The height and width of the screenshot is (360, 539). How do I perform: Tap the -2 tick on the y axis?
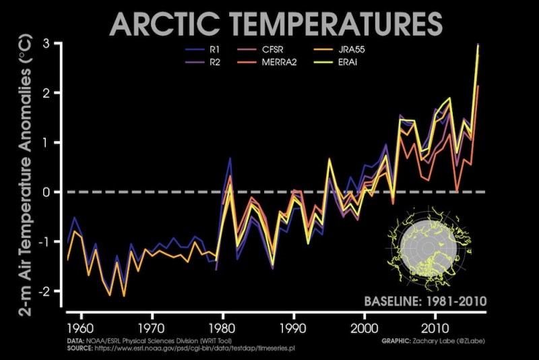coord(46,291)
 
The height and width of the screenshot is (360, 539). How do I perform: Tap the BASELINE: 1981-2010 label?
coord(425,301)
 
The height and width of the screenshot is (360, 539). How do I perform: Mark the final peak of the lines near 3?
coord(478,45)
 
